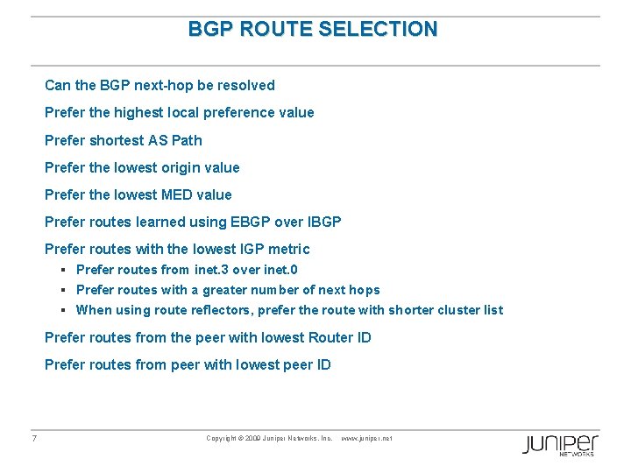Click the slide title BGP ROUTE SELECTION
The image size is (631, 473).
(313, 29)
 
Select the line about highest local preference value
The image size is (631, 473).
(179, 113)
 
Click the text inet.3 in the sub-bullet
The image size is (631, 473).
(211, 270)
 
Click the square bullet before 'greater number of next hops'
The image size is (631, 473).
(65, 290)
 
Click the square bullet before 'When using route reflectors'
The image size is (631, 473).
(65, 310)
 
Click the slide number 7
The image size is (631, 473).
(33, 438)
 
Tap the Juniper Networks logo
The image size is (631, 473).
(559, 444)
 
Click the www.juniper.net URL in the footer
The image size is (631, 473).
(366, 438)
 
